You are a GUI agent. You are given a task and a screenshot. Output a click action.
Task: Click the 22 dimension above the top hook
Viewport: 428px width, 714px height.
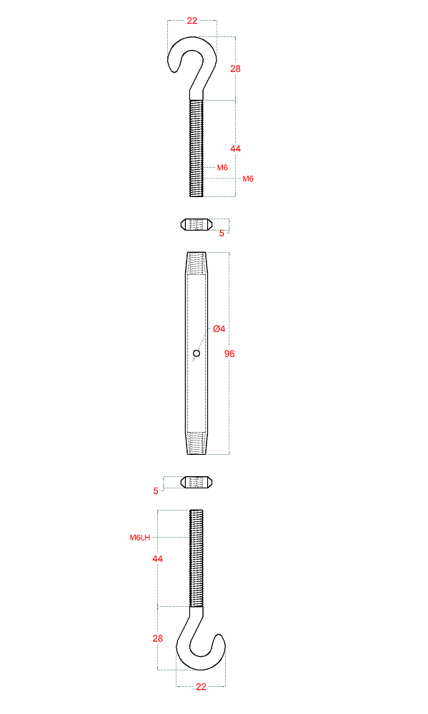pyautogui.click(x=192, y=21)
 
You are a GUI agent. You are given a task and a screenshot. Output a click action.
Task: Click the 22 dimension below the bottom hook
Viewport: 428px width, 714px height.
pyautogui.click(x=201, y=687)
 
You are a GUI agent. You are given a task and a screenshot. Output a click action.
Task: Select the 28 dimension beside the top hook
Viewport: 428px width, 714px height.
pyautogui.click(x=235, y=69)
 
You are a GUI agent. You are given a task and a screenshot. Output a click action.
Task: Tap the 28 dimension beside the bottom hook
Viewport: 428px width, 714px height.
pyautogui.click(x=158, y=638)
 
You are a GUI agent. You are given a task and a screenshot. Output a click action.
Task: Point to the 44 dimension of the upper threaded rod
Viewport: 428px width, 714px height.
pyautogui.click(x=235, y=149)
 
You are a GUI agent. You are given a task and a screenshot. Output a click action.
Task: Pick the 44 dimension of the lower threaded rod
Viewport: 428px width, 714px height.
pyautogui.click(x=158, y=558)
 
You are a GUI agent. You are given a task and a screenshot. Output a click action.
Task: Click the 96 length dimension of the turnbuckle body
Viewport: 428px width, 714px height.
pyautogui.click(x=229, y=353)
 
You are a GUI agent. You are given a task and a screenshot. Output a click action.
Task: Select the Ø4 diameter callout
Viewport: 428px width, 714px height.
pyautogui.click(x=219, y=328)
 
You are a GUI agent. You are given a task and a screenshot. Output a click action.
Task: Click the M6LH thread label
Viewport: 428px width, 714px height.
pyautogui.click(x=139, y=538)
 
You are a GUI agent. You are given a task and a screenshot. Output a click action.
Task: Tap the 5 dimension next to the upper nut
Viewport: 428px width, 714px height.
pyautogui.click(x=222, y=233)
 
